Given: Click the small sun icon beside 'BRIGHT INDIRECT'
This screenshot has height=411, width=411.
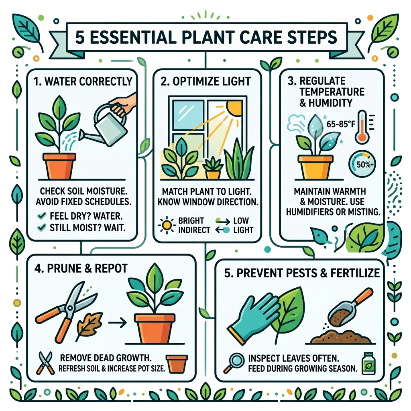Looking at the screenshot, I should pos(167,225).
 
